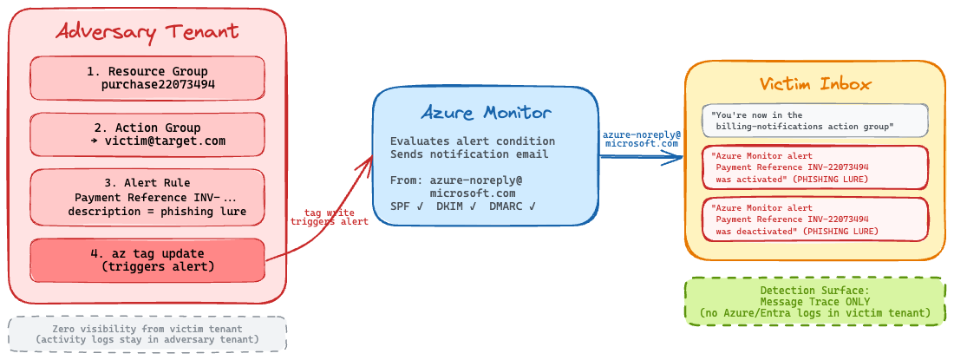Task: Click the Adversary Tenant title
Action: pos(147,33)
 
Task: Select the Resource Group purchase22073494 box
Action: pos(147,78)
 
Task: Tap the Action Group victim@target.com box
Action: pos(147,134)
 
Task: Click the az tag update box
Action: pos(147,260)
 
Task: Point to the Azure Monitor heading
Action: pos(486,112)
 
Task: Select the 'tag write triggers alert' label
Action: pos(330,217)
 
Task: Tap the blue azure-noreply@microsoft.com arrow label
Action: pos(642,139)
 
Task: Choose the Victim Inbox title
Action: pos(815,83)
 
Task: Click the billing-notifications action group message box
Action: pos(815,121)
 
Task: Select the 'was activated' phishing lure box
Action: pos(815,167)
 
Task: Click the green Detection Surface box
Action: pos(815,301)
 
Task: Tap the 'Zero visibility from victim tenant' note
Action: pos(147,333)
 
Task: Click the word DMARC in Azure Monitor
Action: pos(506,206)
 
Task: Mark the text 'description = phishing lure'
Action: pos(157,212)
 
